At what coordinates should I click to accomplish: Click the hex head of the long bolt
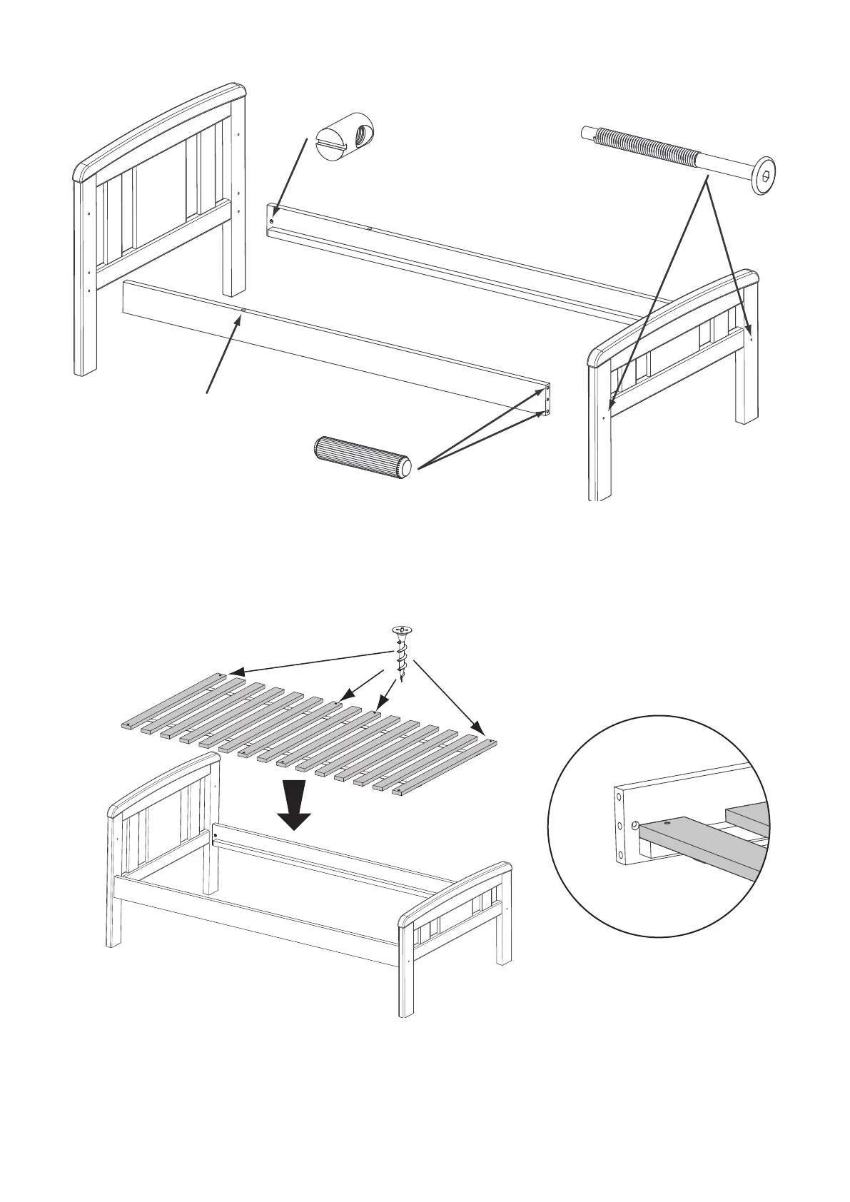point(764,175)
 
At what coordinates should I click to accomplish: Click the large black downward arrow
point(294,804)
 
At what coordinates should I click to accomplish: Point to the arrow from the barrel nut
point(290,177)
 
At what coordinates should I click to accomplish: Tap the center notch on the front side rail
point(244,310)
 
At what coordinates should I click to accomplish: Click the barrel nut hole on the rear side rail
point(272,221)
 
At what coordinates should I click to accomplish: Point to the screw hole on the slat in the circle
point(667,823)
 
